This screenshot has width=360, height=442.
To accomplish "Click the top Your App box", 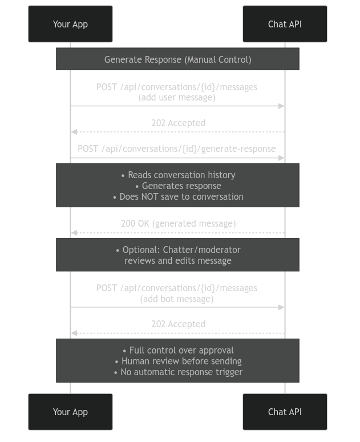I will [x=70, y=24].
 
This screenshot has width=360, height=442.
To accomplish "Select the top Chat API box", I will [x=285, y=24].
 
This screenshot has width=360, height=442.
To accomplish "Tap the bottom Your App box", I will [x=70, y=412].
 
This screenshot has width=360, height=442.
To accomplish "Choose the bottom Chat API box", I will [x=285, y=412].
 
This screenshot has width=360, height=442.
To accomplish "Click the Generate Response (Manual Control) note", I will [x=177, y=59].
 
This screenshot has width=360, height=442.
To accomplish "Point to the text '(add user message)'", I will [x=177, y=98].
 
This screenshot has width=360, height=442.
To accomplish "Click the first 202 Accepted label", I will [x=178, y=123].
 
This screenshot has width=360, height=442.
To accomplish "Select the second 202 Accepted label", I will [x=178, y=324].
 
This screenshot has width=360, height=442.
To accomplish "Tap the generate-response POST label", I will [x=177, y=148].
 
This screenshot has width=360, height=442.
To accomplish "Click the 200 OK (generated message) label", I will [x=178, y=223].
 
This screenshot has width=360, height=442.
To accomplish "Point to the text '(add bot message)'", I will [x=177, y=299].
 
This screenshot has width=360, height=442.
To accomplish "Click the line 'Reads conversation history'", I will [x=178, y=175].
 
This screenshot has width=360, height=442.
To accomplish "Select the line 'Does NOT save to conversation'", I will [x=178, y=196].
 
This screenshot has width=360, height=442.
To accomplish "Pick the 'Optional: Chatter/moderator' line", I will [x=178, y=250].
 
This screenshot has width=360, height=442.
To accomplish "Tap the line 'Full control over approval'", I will [x=178, y=350].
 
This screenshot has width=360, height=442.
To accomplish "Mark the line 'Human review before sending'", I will [x=178, y=361].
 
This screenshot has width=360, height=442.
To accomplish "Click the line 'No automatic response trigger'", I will [x=178, y=372].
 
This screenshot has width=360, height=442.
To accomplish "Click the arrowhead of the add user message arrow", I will [x=281, y=106].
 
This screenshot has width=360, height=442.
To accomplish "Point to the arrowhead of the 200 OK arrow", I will [x=74, y=233].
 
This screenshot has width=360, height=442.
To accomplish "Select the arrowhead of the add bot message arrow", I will [x=281, y=307].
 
